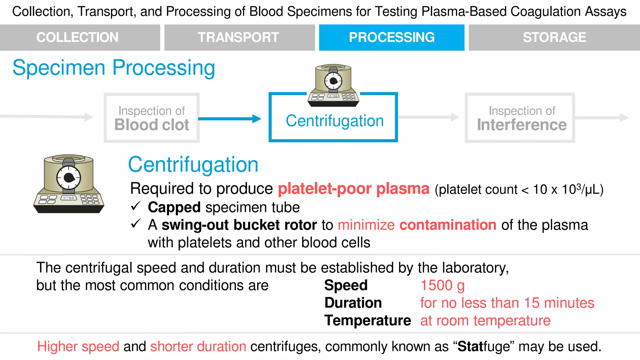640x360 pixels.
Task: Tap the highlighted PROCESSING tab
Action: (x=392, y=37)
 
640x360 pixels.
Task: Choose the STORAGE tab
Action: (x=554, y=37)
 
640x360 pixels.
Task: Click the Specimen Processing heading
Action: (x=114, y=68)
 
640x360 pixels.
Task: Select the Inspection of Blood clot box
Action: (x=152, y=118)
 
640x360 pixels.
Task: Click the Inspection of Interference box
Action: (x=520, y=118)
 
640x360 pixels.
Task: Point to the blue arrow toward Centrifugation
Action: (x=230, y=119)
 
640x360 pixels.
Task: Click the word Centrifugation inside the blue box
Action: (x=334, y=121)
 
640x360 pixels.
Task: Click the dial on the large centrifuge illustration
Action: (x=69, y=177)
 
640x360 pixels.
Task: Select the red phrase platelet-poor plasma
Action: (x=353, y=189)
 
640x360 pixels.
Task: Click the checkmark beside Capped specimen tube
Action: (x=136, y=206)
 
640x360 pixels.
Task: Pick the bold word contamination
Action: (x=447, y=225)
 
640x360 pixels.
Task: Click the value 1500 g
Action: (x=442, y=285)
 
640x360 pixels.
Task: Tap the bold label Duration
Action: (x=353, y=303)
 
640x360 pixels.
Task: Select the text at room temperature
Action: (x=485, y=321)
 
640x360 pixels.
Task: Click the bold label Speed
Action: (x=346, y=285)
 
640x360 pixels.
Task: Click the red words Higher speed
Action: (x=78, y=347)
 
